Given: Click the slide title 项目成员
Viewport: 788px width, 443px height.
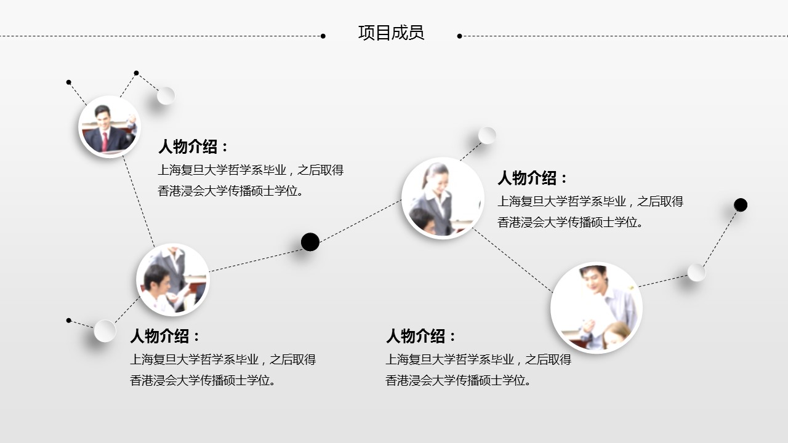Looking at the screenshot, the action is coord(391,33).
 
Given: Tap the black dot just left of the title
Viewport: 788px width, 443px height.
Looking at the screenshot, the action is coord(323,36).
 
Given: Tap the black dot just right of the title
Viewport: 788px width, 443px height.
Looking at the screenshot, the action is coord(459,36).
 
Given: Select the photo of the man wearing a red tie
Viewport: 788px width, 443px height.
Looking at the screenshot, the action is coord(110,127).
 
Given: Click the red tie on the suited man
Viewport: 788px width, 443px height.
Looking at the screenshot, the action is coord(105,142).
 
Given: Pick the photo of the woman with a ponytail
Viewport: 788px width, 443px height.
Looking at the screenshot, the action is coord(443,198).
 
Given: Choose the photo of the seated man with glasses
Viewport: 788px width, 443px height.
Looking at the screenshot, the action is coord(173,279).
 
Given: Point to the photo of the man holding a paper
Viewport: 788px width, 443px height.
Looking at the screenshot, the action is coord(597,308).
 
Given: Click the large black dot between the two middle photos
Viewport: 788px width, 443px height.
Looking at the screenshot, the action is coord(310,242).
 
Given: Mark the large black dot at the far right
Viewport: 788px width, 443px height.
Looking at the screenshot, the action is coord(741,205).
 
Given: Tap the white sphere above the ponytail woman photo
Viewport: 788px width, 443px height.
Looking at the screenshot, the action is coord(487,135).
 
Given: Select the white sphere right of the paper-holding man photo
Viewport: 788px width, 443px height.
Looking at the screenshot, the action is coord(696,273).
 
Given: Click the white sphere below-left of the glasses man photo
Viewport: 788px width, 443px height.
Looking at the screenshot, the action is coord(105,331).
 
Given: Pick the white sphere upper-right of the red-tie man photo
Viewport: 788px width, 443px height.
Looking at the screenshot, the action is coord(166,95).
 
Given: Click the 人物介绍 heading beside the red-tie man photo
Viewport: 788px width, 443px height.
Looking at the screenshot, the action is coord(193,146).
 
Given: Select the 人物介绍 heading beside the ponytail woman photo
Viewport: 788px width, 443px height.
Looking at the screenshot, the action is coord(533,178).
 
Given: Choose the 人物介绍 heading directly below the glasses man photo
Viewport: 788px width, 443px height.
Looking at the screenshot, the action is coord(165,336).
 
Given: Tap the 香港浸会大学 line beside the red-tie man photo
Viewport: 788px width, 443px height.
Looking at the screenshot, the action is coord(230,191).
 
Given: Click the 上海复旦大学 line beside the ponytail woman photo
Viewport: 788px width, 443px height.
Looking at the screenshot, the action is coord(590,201).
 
